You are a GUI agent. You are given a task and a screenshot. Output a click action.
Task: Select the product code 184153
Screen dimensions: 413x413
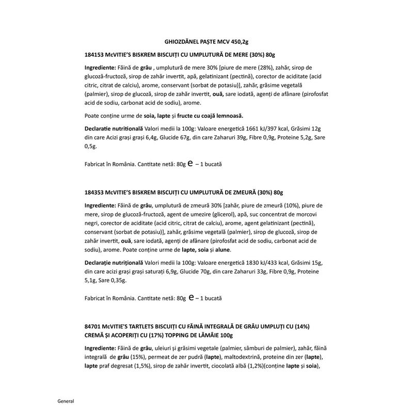(93, 55)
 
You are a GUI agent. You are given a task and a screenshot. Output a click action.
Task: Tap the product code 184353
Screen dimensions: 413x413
(93, 192)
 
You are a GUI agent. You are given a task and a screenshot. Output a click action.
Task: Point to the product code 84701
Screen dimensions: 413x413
(91, 326)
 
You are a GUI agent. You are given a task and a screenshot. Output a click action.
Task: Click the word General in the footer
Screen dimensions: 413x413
(66, 401)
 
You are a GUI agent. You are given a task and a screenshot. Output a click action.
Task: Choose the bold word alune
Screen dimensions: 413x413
(237, 250)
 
